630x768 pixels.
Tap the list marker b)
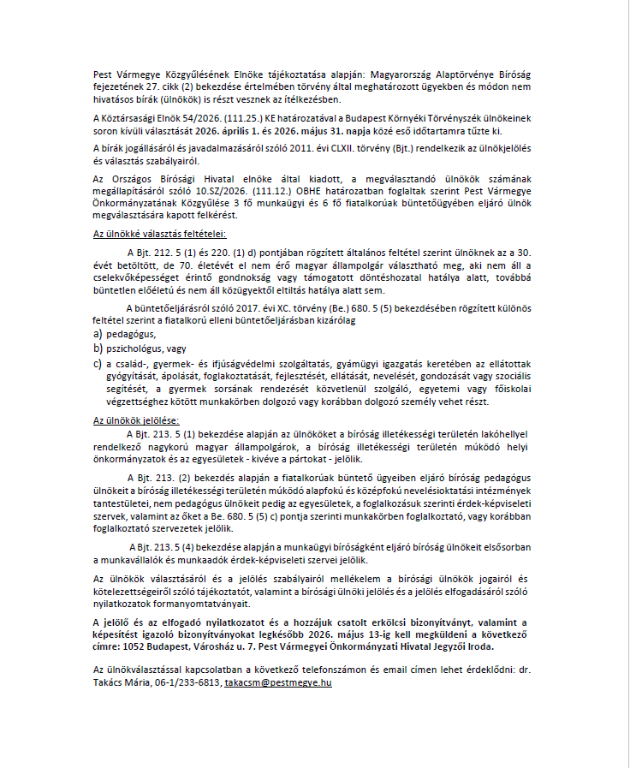tap(98, 348)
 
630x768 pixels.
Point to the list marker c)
tap(98, 365)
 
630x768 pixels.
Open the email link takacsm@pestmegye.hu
tap(278, 683)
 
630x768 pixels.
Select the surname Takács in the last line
tap(111, 683)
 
